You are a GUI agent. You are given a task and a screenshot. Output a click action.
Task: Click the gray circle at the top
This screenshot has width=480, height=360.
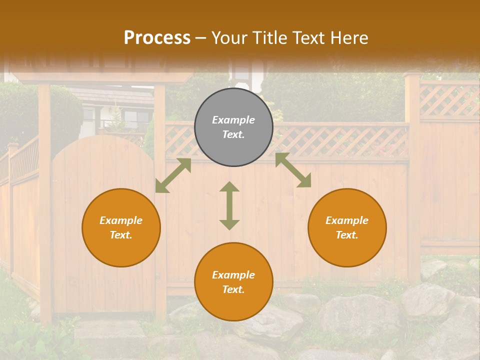[233, 127]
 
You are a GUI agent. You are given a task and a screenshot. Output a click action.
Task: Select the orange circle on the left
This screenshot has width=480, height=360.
[121, 227]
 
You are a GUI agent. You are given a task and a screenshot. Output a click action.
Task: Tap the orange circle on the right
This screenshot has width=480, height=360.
[347, 227]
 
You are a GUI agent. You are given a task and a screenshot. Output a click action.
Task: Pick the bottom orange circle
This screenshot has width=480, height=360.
[233, 282]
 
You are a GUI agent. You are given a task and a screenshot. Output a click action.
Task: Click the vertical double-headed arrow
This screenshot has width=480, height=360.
[229, 205]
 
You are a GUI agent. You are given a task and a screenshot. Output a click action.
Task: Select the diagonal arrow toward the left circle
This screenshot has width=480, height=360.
[173, 175]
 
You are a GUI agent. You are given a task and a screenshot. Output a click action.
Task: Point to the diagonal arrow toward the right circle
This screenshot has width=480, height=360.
[293, 170]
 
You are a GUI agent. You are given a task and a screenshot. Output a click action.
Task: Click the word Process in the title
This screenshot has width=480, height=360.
[157, 37]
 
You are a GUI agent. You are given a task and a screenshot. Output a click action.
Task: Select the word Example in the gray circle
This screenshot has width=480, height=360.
[233, 120]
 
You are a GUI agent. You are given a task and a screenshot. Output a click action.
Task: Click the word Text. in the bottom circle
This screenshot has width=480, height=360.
[233, 289]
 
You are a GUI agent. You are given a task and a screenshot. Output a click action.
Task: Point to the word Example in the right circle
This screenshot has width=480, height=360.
[347, 220]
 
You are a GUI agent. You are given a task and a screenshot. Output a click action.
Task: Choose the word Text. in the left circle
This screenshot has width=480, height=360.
[121, 235]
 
